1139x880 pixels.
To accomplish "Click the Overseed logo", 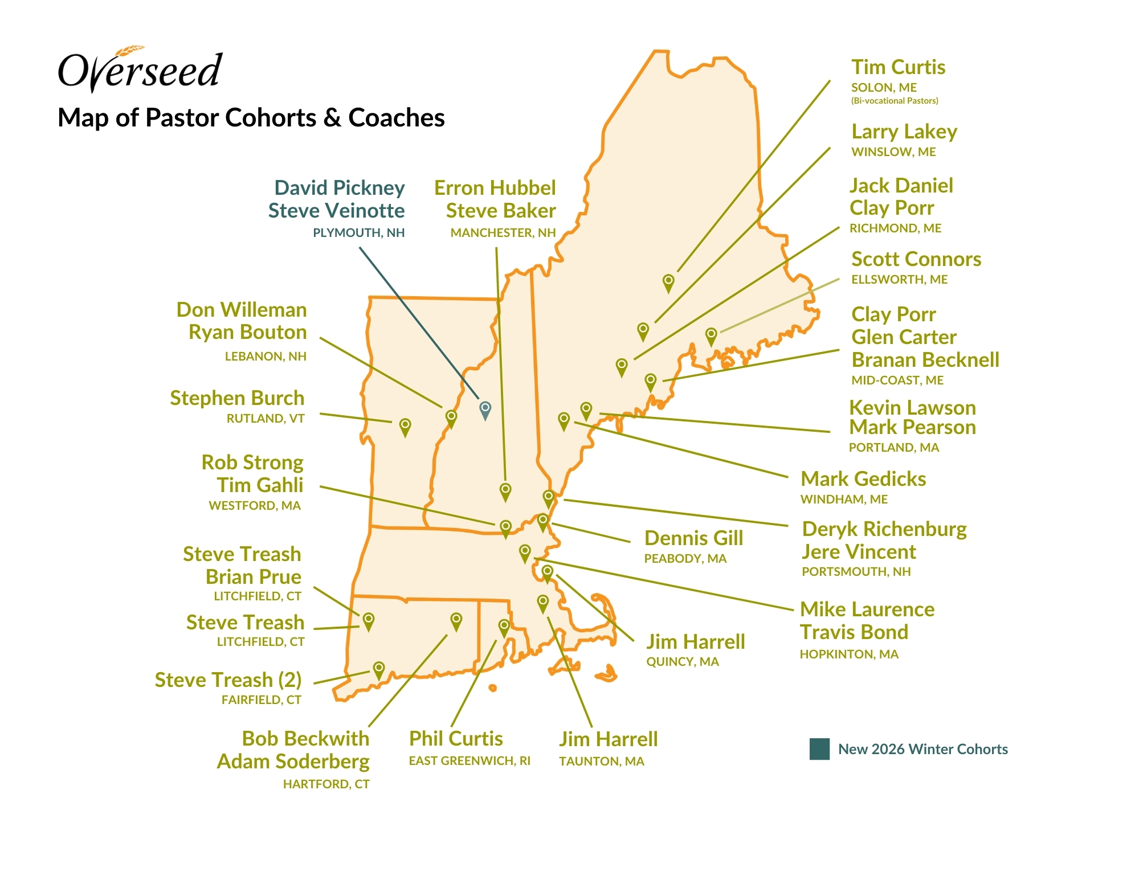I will click(x=140, y=69).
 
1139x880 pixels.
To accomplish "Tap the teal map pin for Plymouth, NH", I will click(x=485, y=409).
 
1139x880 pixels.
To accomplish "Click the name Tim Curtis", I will click(x=898, y=67).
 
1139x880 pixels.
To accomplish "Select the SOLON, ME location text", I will click(x=884, y=88).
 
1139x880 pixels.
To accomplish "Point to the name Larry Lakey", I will click(x=904, y=132).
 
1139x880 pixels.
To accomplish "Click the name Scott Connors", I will click(x=916, y=259).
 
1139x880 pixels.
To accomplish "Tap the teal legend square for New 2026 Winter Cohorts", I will click(x=819, y=749).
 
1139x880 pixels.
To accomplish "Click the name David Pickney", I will click(x=339, y=188).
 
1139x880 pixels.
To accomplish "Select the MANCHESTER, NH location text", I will click(x=503, y=233).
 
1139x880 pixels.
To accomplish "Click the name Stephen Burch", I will click(x=237, y=398).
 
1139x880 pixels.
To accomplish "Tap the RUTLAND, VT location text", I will click(x=265, y=419).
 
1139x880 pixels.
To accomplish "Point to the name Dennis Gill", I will click(x=693, y=538).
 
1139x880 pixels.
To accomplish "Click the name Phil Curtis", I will click(x=456, y=739).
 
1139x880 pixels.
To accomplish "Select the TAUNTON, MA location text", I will click(x=601, y=762).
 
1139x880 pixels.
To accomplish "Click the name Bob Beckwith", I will click(x=305, y=739).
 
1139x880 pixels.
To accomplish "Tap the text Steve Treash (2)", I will click(x=228, y=680).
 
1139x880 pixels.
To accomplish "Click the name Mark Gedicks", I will click(x=863, y=479).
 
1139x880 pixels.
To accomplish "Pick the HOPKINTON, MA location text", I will click(x=848, y=654).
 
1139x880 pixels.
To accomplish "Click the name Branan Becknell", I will click(x=925, y=360).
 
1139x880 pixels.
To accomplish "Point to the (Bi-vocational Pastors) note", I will click(x=894, y=101).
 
